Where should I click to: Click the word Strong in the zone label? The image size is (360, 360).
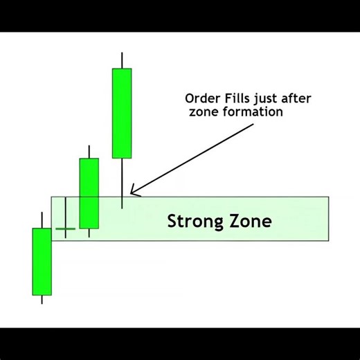(193, 222)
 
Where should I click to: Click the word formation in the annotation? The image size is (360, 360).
(250, 111)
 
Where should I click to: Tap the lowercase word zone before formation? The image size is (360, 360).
(201, 111)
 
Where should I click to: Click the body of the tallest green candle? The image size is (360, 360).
(122, 113)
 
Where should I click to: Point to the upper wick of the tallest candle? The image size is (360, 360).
(122, 60)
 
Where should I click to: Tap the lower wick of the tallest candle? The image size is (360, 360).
(122, 183)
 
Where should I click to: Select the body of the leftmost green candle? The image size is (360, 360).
(42, 262)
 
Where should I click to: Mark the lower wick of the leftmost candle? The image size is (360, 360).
(42, 299)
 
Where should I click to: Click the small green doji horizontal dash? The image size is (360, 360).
(65, 228)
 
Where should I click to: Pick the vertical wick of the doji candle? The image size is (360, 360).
(65, 211)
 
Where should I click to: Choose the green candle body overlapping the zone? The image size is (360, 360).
(89, 193)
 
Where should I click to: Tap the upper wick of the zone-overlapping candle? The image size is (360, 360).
(89, 152)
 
